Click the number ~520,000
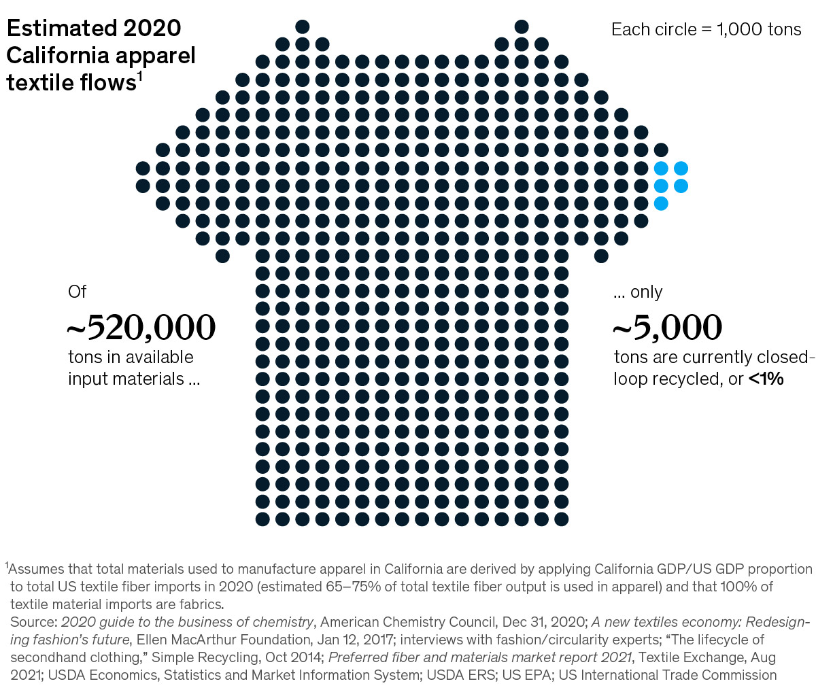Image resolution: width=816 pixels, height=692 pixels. [x=141, y=328]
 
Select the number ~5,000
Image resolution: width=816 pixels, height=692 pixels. [x=667, y=328]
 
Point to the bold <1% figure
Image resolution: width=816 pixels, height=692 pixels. [x=766, y=379]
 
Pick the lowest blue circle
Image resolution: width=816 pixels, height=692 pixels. [x=661, y=203]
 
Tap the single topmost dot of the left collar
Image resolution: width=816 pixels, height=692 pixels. [x=303, y=27]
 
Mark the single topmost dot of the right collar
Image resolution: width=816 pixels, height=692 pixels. [x=522, y=27]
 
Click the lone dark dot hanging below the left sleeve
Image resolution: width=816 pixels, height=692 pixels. [x=222, y=256]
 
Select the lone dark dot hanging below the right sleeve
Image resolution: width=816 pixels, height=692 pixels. [x=601, y=256]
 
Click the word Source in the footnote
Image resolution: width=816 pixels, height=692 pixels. [x=32, y=622]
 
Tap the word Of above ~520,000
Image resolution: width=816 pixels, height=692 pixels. [x=78, y=292]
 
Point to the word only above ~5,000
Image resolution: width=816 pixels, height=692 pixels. [x=646, y=292]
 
